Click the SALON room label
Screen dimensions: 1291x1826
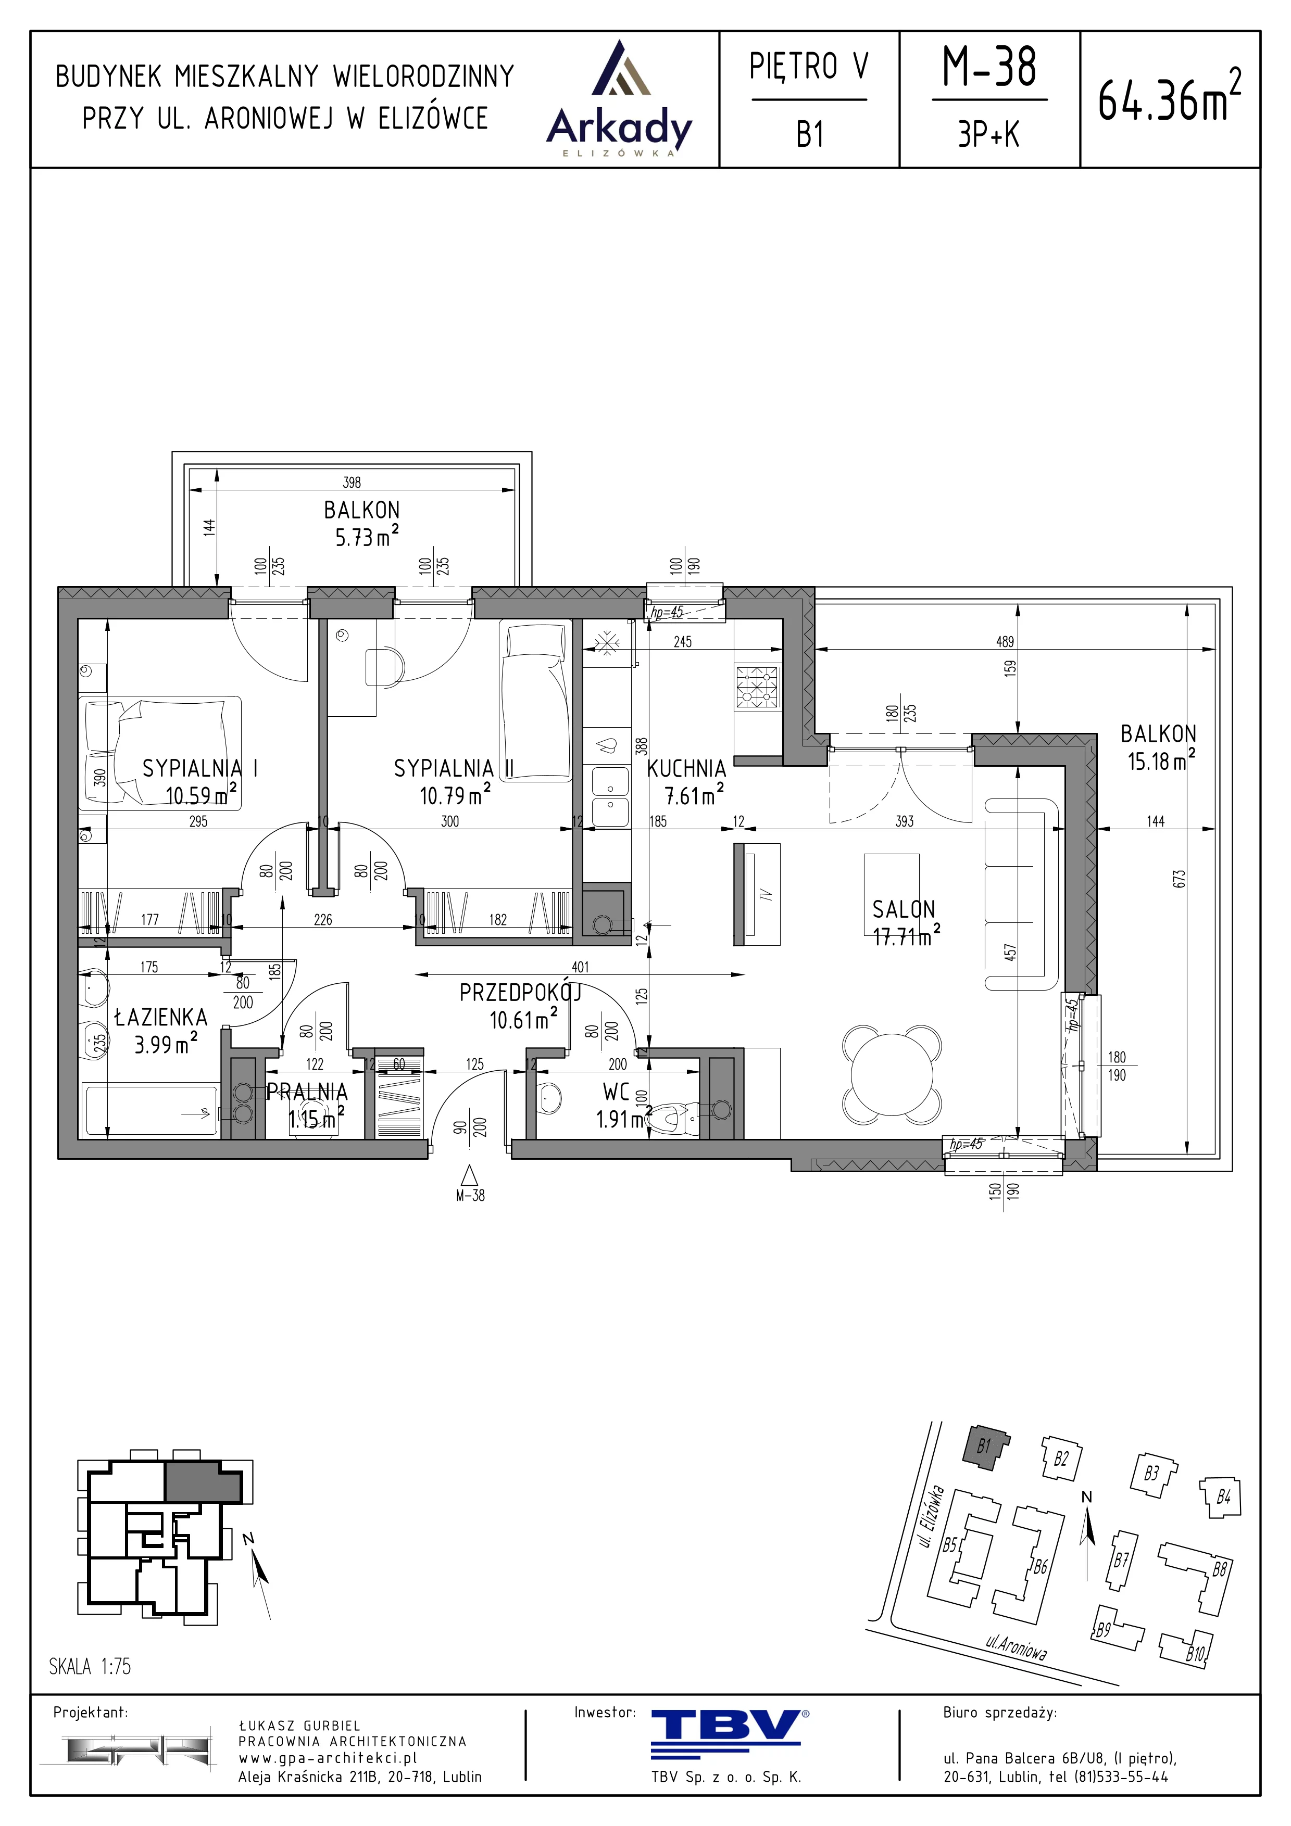904,909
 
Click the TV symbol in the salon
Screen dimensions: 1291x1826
757,894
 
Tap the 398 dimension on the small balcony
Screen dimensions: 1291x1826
352,482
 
